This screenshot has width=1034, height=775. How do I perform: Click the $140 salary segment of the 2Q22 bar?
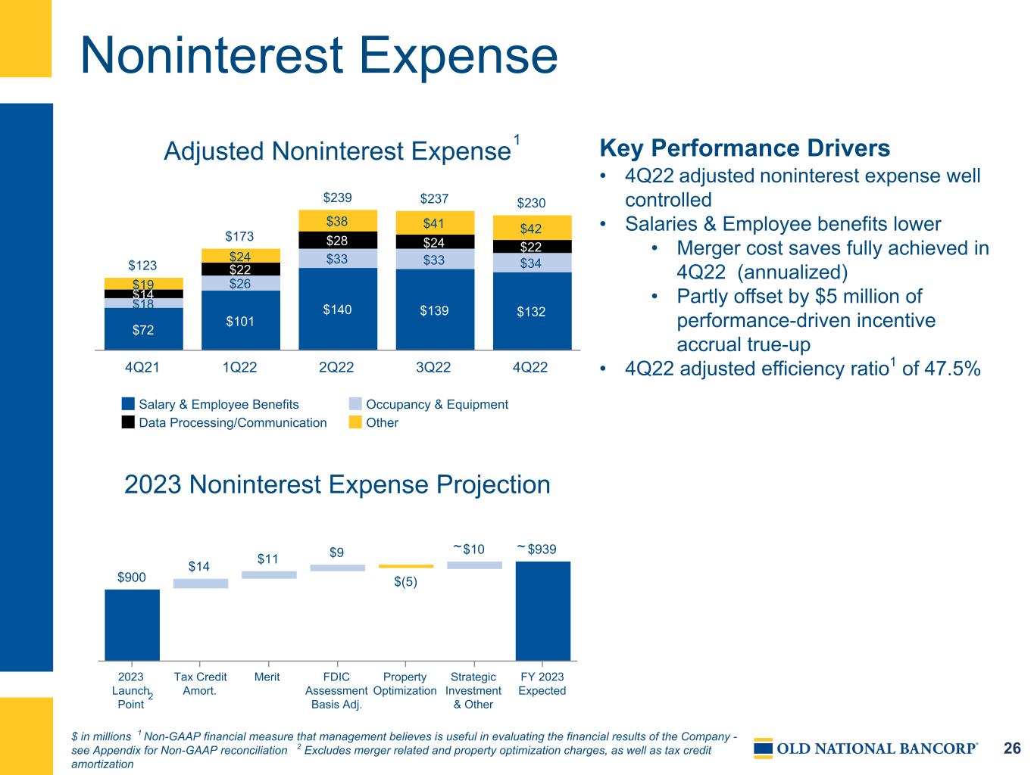tap(338, 309)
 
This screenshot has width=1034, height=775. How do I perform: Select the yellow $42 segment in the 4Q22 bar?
tap(532, 228)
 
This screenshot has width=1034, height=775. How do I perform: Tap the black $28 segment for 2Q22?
tap(338, 240)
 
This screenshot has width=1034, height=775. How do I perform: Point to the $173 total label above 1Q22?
tap(239, 235)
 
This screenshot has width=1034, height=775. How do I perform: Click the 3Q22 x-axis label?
tap(433, 367)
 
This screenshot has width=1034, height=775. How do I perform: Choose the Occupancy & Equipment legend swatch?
tap(355, 403)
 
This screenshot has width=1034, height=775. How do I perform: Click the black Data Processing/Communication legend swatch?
tap(128, 422)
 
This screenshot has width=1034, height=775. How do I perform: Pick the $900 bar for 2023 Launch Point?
tap(132, 625)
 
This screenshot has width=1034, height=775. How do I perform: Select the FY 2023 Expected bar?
tap(542, 611)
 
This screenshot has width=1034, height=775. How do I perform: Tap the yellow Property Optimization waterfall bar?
tap(406, 566)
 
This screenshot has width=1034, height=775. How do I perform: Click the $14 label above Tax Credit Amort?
tap(198, 566)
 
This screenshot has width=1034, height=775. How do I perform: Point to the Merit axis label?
tap(267, 677)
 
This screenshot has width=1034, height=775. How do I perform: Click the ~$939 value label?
tap(536, 549)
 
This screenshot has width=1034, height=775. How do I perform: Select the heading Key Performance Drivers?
tap(745, 148)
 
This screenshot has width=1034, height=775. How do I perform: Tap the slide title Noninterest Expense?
tap(319, 55)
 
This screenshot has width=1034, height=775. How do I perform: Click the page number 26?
tap(1012, 748)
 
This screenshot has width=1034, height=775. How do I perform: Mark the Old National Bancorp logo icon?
tap(763, 748)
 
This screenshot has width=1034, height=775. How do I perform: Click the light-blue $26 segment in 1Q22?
tap(241, 283)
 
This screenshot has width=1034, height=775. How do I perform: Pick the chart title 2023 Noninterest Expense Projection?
tap(337, 484)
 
